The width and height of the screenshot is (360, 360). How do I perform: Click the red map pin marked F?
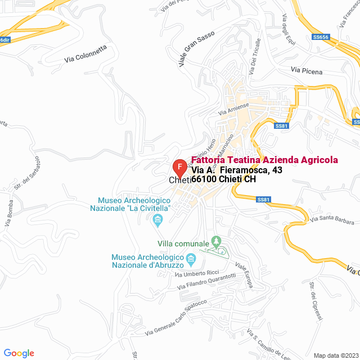click(x=179, y=168)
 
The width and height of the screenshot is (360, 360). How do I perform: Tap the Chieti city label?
click(x=180, y=180)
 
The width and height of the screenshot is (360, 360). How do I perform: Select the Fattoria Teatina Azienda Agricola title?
click(x=265, y=160)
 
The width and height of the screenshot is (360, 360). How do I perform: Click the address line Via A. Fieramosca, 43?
click(x=236, y=170)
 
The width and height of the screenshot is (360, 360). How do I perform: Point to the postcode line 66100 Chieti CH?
click(x=223, y=179)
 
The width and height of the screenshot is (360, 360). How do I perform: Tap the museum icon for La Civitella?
click(x=157, y=219)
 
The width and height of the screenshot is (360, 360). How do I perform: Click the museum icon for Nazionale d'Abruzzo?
click(x=191, y=259)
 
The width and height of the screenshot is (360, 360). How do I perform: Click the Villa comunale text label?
click(x=183, y=244)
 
